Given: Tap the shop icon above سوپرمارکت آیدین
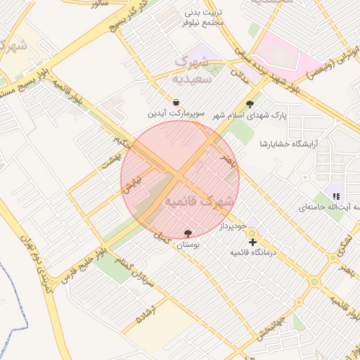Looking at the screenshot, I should [x=175, y=102].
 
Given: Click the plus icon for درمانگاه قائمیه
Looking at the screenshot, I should [x=252, y=242].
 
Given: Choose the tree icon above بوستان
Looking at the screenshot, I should [x=188, y=233].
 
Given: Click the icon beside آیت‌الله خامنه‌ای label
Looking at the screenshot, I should [x=336, y=196].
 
